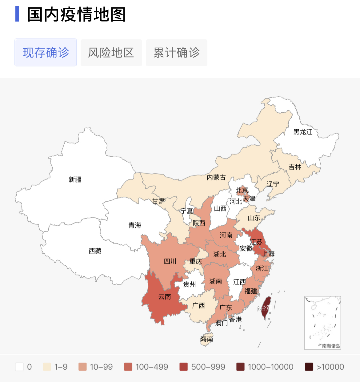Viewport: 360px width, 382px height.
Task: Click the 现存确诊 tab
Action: (x=46, y=53)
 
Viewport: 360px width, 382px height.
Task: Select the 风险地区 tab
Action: (x=111, y=53)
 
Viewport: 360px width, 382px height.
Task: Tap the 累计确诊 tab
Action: (x=176, y=53)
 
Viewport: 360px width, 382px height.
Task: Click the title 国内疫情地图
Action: (x=76, y=14)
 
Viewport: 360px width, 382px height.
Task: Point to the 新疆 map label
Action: (x=75, y=179)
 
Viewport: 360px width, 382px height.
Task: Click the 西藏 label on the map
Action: (x=95, y=251)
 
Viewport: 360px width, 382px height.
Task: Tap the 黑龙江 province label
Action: (x=303, y=132)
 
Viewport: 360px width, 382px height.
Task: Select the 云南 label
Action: (x=165, y=297)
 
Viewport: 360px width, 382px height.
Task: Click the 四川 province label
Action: (x=170, y=261)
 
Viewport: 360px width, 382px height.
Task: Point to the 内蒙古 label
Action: (x=216, y=177)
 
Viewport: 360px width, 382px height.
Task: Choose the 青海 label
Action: (x=135, y=225)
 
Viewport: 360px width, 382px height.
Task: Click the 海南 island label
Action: (x=206, y=339)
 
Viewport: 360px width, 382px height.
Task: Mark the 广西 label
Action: (x=198, y=306)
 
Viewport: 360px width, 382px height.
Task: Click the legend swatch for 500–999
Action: (x=184, y=367)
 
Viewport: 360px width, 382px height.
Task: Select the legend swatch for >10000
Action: (x=309, y=367)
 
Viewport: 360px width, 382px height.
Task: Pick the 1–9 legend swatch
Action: (x=47, y=367)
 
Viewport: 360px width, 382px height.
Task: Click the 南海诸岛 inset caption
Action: (x=331, y=346)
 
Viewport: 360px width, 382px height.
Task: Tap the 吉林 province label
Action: (x=295, y=167)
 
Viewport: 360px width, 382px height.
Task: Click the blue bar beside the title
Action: (x=17, y=14)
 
